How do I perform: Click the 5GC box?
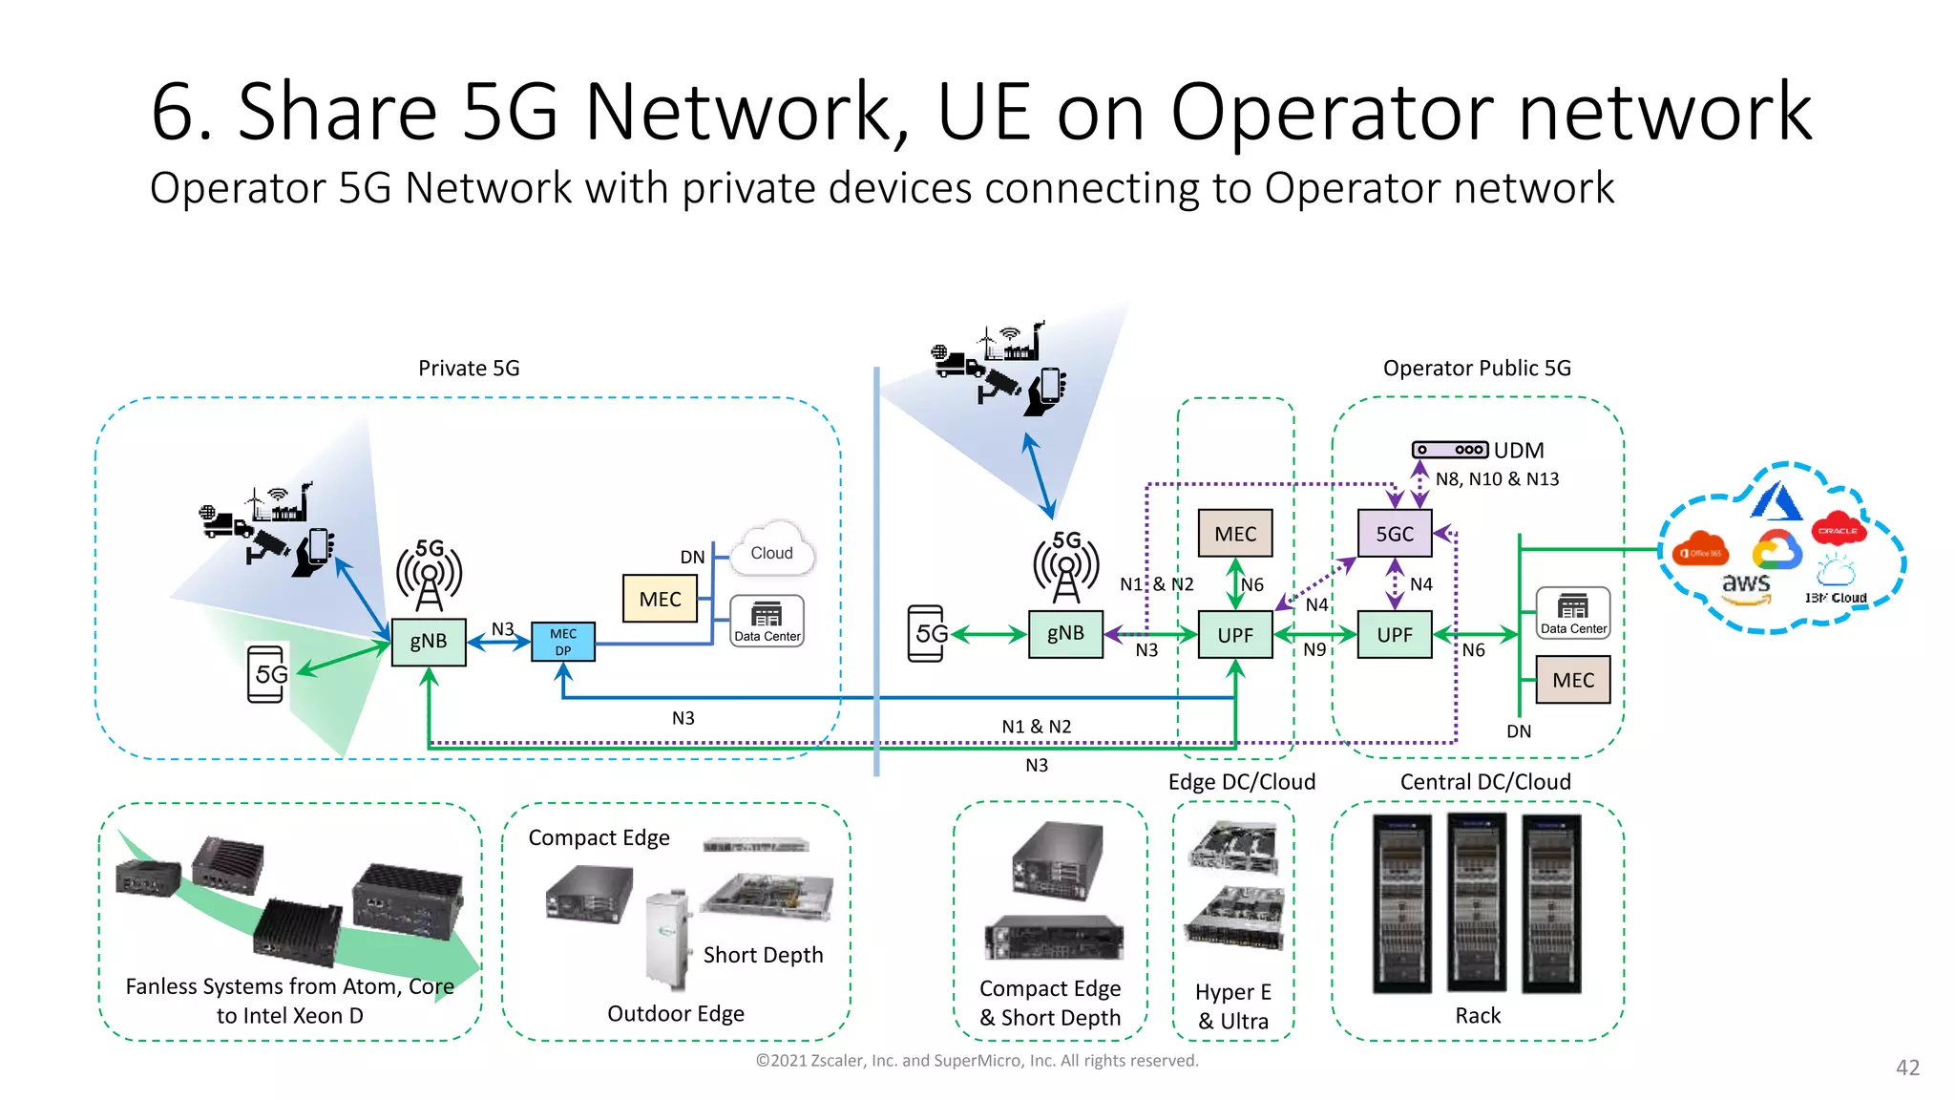(x=1395, y=534)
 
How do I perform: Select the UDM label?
(x=1518, y=450)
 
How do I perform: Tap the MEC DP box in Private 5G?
(x=563, y=642)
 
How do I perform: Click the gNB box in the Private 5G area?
(x=429, y=641)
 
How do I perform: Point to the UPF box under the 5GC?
(x=1395, y=635)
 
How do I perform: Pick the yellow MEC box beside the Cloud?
(x=660, y=599)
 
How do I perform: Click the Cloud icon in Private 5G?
(x=771, y=551)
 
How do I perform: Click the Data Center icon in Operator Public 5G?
(x=1573, y=613)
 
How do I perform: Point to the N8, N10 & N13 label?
(x=1497, y=479)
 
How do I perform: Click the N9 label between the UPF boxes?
(x=1314, y=649)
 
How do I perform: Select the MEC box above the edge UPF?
(x=1235, y=534)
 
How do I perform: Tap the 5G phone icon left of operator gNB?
(x=926, y=633)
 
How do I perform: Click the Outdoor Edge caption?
(x=676, y=1013)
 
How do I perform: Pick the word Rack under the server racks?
(x=1478, y=1016)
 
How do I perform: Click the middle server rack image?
(x=1477, y=903)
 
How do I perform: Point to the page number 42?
(x=1907, y=1068)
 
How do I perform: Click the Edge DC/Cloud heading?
(x=1241, y=782)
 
